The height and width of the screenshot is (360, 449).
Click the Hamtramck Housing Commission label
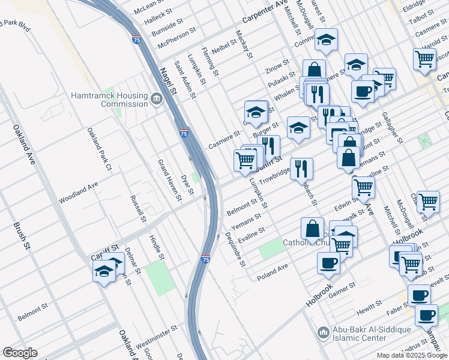coord(109,100)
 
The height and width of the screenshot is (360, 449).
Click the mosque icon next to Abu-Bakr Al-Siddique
coord(324,332)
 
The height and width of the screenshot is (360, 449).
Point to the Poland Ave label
coord(273,272)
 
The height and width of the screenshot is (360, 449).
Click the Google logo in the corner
coord(20,353)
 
